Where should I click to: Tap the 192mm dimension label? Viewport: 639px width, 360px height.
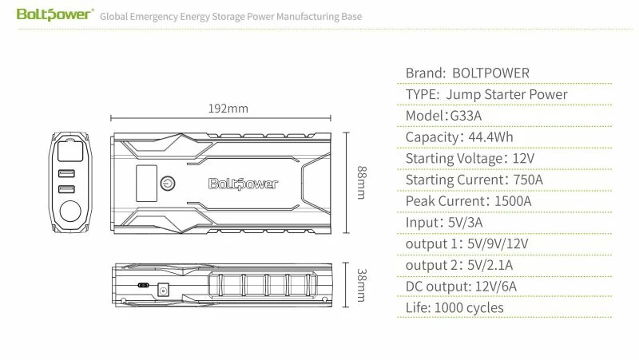click(x=228, y=109)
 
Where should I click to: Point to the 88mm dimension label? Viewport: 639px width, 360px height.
click(x=362, y=183)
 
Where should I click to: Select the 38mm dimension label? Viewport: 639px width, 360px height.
click(x=362, y=285)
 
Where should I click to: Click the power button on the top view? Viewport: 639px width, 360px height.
click(x=168, y=184)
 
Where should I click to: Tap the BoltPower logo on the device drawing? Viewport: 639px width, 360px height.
click(x=244, y=184)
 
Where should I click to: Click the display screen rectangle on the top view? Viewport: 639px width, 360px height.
click(x=146, y=184)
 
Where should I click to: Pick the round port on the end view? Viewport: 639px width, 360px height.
click(x=70, y=211)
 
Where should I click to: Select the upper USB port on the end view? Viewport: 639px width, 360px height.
click(x=66, y=173)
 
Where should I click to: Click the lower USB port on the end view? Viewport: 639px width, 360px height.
click(x=66, y=189)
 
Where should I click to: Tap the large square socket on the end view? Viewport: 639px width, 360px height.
click(x=70, y=150)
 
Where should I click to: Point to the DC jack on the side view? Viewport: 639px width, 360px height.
click(x=163, y=291)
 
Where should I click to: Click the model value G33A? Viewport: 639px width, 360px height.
click(x=466, y=116)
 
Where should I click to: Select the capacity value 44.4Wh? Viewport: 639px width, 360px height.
click(x=490, y=137)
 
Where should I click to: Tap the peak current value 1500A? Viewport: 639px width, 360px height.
click(x=513, y=201)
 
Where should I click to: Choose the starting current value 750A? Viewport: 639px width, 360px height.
click(x=528, y=180)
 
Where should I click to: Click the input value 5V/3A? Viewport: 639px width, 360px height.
click(x=465, y=223)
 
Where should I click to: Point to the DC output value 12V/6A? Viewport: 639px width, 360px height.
click(x=496, y=287)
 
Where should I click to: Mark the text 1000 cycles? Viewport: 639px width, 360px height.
click(x=469, y=308)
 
